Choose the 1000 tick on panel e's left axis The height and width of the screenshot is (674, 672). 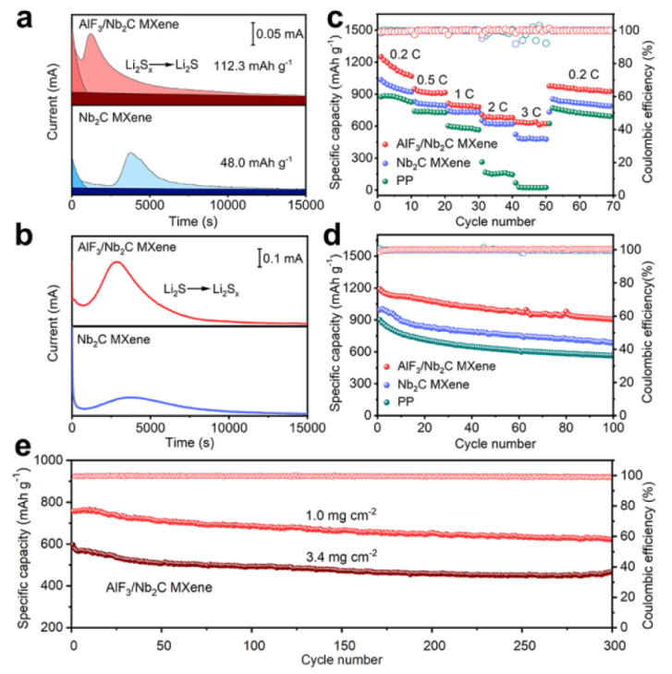[53, 460]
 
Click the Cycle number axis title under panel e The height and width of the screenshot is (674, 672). [340, 659]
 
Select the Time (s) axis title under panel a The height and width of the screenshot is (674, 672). [189, 222]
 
